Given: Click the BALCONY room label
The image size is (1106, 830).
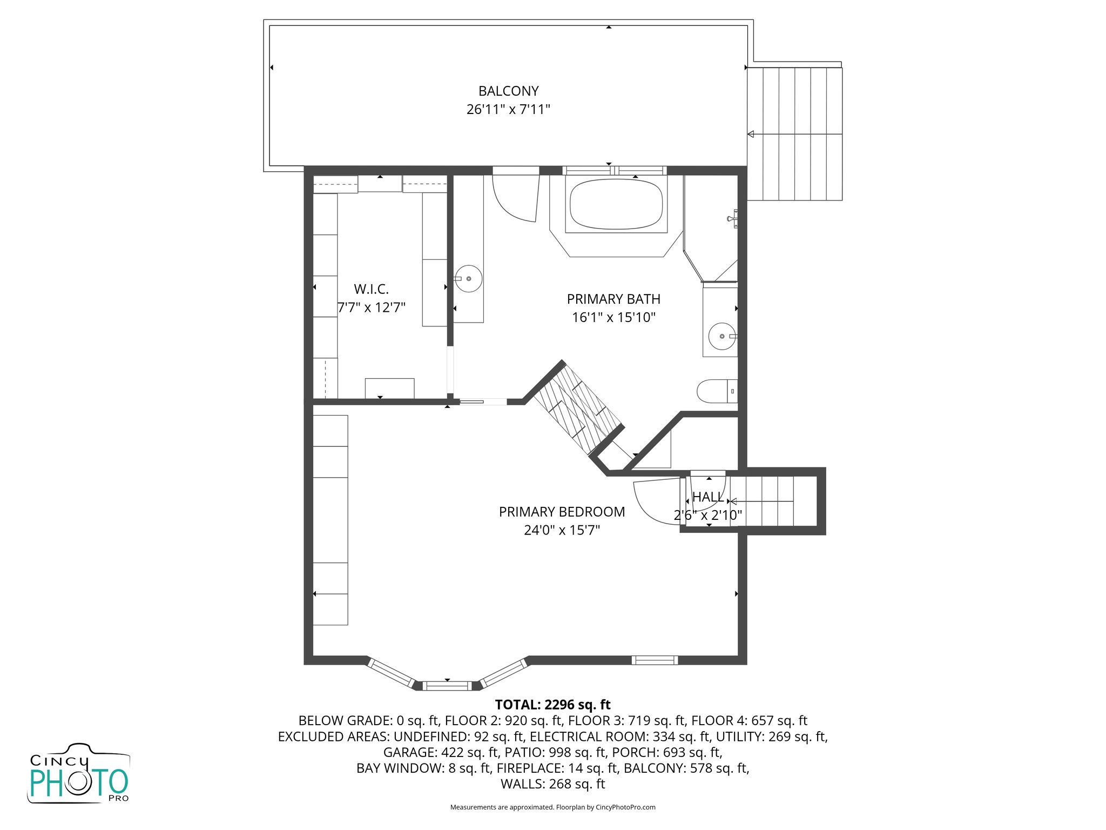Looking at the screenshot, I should click(508, 91).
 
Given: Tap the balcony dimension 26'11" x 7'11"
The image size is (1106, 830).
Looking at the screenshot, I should click(508, 109).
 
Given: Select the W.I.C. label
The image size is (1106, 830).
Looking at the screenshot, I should click(371, 289).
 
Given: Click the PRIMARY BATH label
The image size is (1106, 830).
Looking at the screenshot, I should click(613, 299).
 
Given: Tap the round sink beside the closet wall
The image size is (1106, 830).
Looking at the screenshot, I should click(468, 278).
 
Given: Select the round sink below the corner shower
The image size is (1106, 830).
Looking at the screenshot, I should click(722, 336).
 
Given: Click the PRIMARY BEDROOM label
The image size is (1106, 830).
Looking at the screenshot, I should click(562, 512).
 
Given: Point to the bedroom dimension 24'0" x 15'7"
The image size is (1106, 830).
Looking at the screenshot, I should click(562, 530).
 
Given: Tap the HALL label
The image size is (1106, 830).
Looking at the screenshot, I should click(708, 497).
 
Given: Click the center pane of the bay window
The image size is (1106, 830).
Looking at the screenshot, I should click(447, 686).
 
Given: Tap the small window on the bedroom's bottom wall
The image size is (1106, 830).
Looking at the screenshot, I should click(655, 660).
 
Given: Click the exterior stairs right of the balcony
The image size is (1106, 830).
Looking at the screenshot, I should click(795, 134).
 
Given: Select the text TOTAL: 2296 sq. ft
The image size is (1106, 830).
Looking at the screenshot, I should click(552, 705).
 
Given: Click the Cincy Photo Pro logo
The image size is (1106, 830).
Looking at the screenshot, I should click(79, 774).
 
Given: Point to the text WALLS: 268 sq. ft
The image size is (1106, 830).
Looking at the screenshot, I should click(552, 784).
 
